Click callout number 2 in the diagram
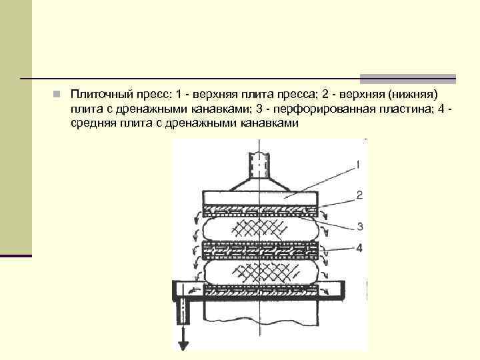click(x=359, y=195)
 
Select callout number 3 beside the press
click(x=359, y=227)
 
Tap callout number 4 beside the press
click(x=359, y=248)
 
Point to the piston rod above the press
click(x=259, y=164)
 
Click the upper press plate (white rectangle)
click(x=261, y=197)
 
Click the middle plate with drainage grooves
click(x=261, y=251)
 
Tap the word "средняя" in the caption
click(x=92, y=123)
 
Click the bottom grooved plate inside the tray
click(x=261, y=292)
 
